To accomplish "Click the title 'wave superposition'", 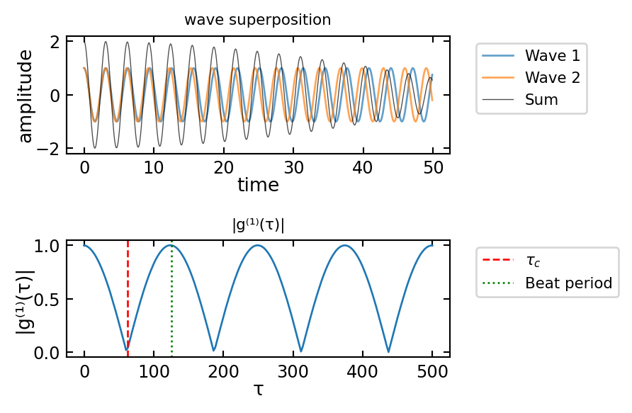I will point(257,20).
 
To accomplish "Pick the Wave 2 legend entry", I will point(552,77).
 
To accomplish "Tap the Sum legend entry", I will point(541,100).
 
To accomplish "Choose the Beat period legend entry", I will point(568,283).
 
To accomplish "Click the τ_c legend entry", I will point(533,261).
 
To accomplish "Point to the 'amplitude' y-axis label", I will point(26,96).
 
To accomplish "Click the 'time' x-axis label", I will point(258,186).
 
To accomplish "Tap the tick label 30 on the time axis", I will point(293,168).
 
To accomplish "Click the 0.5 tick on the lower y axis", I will point(49,299).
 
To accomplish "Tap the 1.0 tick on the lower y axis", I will point(49,246).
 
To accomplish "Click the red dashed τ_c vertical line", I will point(128,298).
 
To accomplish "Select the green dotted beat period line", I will point(171,305).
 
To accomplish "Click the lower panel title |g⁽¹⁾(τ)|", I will point(258,226).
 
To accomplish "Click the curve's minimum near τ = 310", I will point(301,351).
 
